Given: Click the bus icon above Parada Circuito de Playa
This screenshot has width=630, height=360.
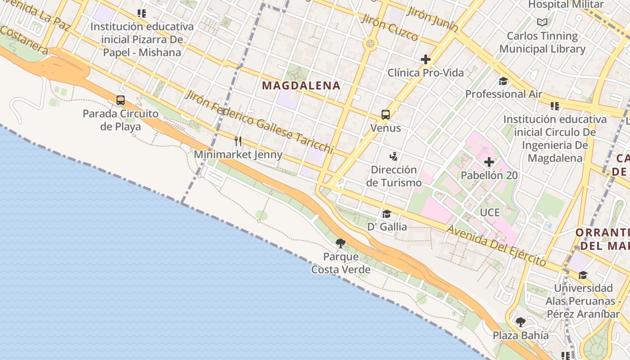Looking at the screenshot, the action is (121, 100).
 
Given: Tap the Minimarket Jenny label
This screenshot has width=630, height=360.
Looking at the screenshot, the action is (238, 155).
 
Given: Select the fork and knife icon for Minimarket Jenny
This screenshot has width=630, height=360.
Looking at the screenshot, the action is (238, 141).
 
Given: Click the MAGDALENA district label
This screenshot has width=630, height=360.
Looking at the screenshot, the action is (301, 85).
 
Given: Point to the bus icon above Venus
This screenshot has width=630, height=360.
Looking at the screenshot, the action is (386, 114).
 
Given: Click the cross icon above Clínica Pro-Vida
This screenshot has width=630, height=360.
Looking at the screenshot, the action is (425, 59).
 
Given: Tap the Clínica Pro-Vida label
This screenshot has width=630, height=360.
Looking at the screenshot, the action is (425, 72).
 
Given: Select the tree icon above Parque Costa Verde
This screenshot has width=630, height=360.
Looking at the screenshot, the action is (341, 243).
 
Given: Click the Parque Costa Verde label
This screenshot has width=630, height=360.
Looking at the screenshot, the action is (341, 263).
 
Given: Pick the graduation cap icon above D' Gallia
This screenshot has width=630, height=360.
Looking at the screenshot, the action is (387, 213).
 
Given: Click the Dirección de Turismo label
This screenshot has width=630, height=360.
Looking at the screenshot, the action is (394, 176).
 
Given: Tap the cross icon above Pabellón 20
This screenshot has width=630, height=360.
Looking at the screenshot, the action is (489, 162).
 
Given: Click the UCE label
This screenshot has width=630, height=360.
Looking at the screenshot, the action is (490, 212).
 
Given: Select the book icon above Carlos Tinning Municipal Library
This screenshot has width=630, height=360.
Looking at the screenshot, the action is (542, 22).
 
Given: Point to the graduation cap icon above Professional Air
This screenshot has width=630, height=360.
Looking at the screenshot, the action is (503, 81).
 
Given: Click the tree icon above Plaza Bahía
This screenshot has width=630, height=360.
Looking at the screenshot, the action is (521, 322).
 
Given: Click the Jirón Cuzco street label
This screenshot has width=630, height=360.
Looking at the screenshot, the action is (389, 27).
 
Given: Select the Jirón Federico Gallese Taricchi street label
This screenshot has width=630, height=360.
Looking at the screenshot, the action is (260, 121).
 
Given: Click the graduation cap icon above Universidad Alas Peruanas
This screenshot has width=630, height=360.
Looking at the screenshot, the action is (583, 275).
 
